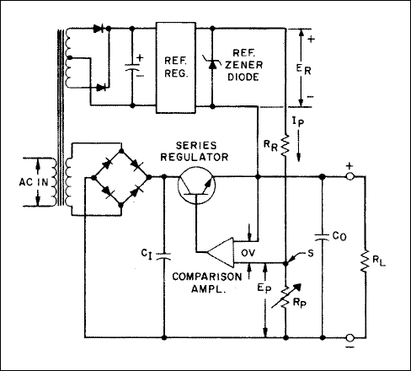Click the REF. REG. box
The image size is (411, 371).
pyautogui.click(x=176, y=67)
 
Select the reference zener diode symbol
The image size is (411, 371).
pyautogui.click(x=212, y=64)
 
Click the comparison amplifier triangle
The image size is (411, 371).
pyautogui.click(x=221, y=252)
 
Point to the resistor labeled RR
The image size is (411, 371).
pyautogui.click(x=286, y=145)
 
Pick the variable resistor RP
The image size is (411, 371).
pyautogui.click(x=286, y=297)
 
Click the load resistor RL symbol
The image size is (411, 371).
pyautogui.click(x=365, y=261)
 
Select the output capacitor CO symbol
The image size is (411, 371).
pyautogui.click(x=322, y=237)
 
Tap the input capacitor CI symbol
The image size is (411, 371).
pyautogui.click(x=164, y=255)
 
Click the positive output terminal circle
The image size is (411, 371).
pyautogui.click(x=350, y=176)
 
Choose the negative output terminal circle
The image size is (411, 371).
pyautogui.click(x=350, y=337)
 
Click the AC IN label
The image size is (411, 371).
pyautogui.click(x=34, y=182)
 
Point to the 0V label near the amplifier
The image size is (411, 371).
pyautogui.click(x=248, y=253)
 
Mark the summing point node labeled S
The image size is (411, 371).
pyautogui.click(x=286, y=264)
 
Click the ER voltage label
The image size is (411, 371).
pyautogui.click(x=304, y=69)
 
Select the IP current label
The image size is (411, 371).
pyautogui.click(x=298, y=121)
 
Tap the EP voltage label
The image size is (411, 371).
pyautogui.click(x=264, y=288)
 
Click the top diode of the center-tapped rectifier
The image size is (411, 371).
pyautogui.click(x=99, y=28)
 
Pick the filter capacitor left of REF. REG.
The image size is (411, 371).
pyautogui.click(x=132, y=67)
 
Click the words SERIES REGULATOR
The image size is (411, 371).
pyautogui.click(x=195, y=151)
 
